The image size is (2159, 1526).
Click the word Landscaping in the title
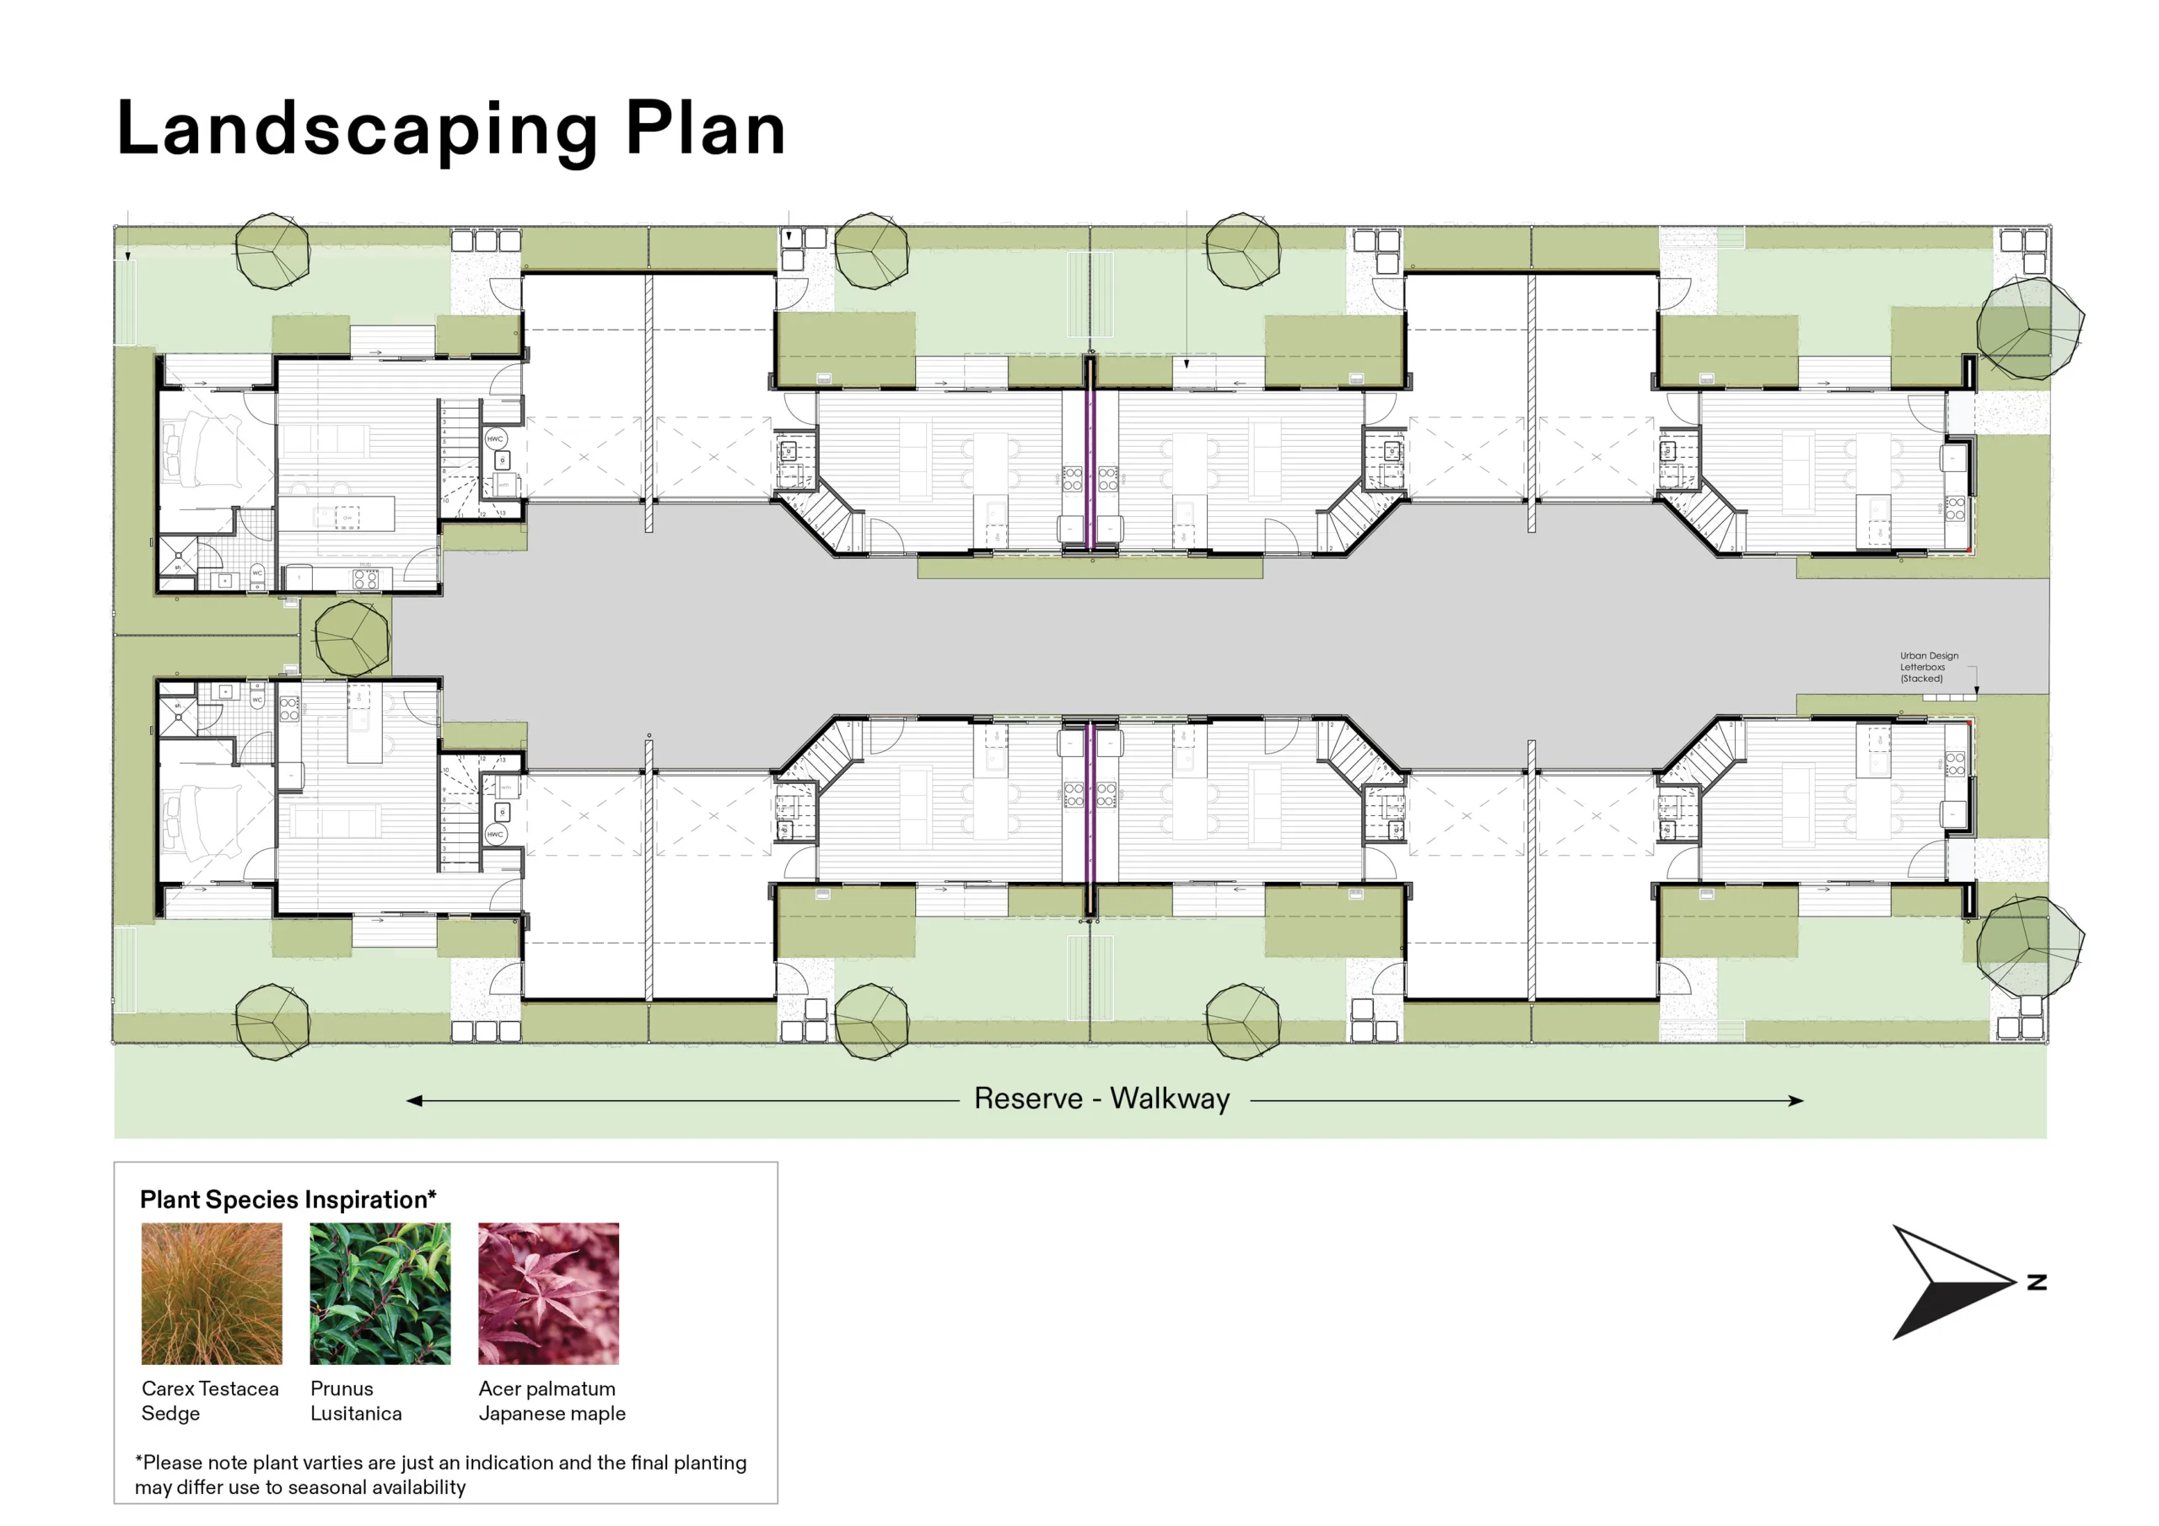point(358,130)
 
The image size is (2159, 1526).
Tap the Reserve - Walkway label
point(1101,1099)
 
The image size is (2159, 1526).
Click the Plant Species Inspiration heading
point(288,1200)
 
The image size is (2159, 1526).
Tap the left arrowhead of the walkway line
point(414,1100)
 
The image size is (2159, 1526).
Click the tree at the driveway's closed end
point(352,637)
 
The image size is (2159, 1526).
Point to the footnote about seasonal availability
point(440,1475)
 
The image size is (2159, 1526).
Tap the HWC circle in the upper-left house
point(496,438)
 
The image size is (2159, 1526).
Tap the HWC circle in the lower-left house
point(496,834)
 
